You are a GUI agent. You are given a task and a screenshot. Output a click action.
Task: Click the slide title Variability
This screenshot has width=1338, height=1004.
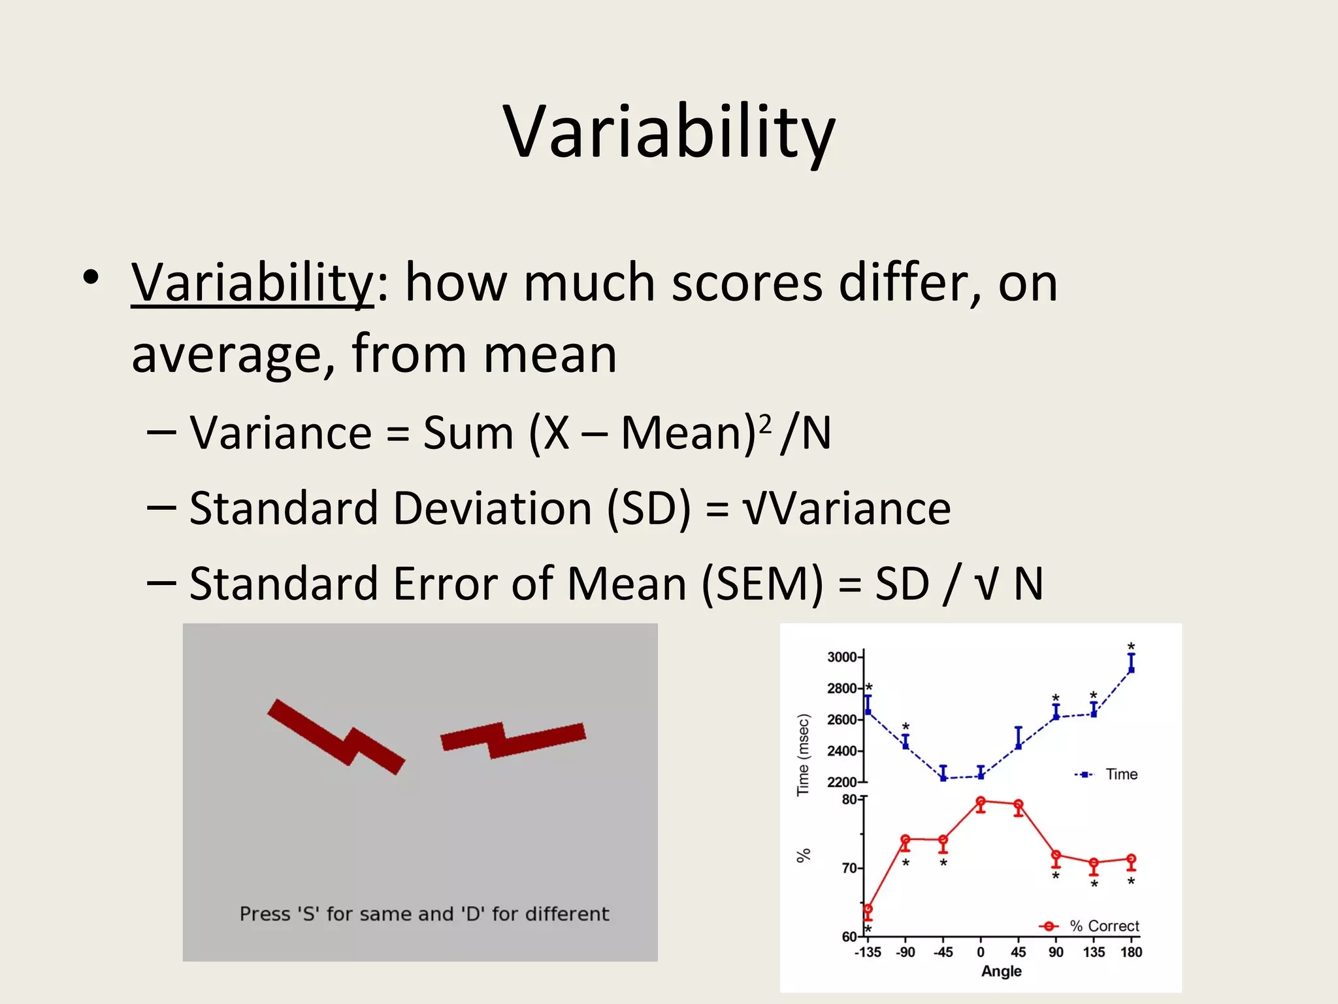click(669, 133)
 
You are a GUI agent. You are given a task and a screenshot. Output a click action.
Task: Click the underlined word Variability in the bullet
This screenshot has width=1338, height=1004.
click(252, 283)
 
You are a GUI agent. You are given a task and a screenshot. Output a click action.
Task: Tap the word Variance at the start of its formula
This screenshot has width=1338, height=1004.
click(280, 433)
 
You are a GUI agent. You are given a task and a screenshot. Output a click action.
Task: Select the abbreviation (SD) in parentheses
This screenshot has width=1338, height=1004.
click(649, 509)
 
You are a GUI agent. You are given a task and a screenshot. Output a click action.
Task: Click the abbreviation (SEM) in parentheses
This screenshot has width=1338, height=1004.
click(762, 584)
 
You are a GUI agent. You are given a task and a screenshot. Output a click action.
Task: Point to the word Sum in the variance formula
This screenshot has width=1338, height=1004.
click(468, 433)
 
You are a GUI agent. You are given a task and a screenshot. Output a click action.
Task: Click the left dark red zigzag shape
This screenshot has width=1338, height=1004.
click(336, 737)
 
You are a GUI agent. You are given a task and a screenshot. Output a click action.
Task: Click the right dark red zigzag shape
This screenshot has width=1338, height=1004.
click(514, 741)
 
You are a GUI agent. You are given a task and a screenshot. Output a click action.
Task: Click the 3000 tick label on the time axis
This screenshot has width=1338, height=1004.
click(841, 657)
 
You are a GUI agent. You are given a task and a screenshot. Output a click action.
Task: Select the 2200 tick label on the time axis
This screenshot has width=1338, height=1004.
click(841, 782)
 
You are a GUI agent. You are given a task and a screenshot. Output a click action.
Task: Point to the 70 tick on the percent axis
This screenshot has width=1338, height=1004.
click(849, 868)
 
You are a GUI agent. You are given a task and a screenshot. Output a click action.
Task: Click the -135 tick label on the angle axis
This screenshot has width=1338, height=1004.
click(868, 952)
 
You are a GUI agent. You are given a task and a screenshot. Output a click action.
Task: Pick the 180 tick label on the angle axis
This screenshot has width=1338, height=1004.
click(1131, 952)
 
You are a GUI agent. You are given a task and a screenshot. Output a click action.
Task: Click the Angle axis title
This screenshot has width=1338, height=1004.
click(1001, 971)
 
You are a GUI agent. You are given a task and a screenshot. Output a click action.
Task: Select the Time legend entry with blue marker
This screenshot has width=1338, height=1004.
click(1108, 775)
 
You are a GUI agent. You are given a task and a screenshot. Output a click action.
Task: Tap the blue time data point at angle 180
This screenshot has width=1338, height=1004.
click(1132, 669)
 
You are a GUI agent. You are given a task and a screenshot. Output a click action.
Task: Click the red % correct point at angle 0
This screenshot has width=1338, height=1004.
click(981, 801)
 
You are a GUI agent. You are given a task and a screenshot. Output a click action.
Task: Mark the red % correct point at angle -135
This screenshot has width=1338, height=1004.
click(868, 909)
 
